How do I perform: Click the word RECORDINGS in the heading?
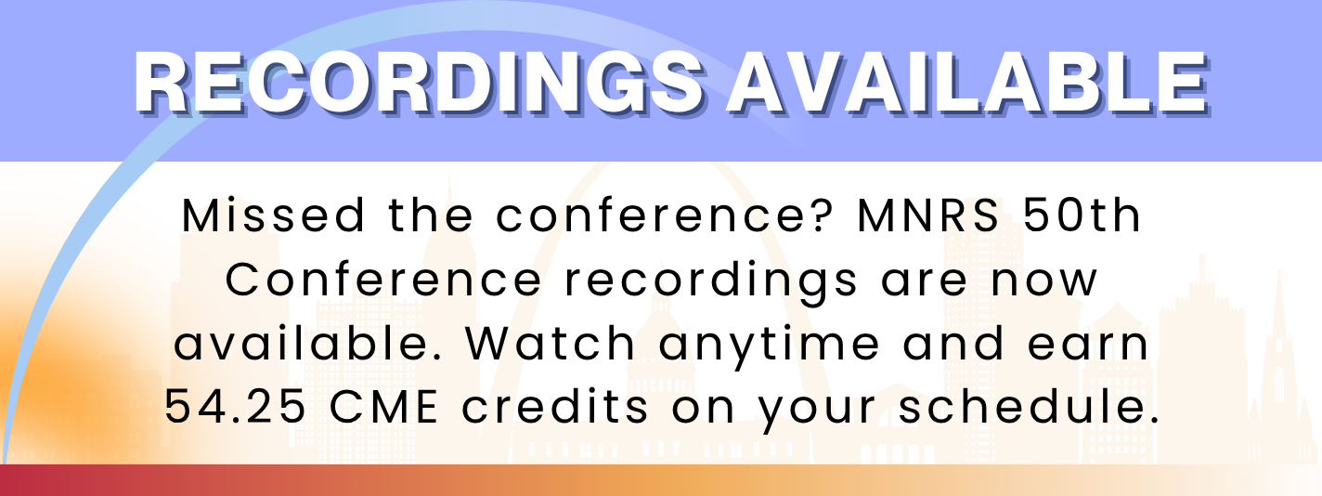pos(419,83)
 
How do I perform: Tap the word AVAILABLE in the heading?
pos(967,83)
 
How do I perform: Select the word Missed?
pos(273,216)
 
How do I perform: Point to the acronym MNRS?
pos(927,216)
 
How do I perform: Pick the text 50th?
pos(1082,215)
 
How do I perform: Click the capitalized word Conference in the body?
pos(383,280)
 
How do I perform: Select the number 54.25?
pos(235,407)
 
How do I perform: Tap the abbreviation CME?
pos(383,407)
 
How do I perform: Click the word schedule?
pos(1029,407)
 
